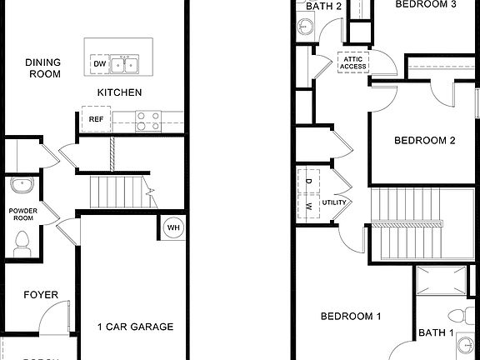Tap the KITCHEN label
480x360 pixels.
[119, 92]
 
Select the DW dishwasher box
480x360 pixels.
[100, 63]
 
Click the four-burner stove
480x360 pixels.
[147, 121]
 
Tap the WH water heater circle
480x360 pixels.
[173, 227]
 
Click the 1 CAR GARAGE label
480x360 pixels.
[135, 327]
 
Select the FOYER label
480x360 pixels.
[40, 295]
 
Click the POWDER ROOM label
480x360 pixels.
[23, 216]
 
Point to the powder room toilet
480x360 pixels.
[22, 242]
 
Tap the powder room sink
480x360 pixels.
[21, 185]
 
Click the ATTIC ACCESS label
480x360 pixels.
[353, 62]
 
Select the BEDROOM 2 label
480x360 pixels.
[424, 140]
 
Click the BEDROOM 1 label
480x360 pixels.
[351, 317]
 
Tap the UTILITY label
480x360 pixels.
[335, 202]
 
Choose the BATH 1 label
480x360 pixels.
[436, 332]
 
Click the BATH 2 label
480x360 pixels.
[324, 6]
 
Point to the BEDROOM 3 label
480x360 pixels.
[425, 4]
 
